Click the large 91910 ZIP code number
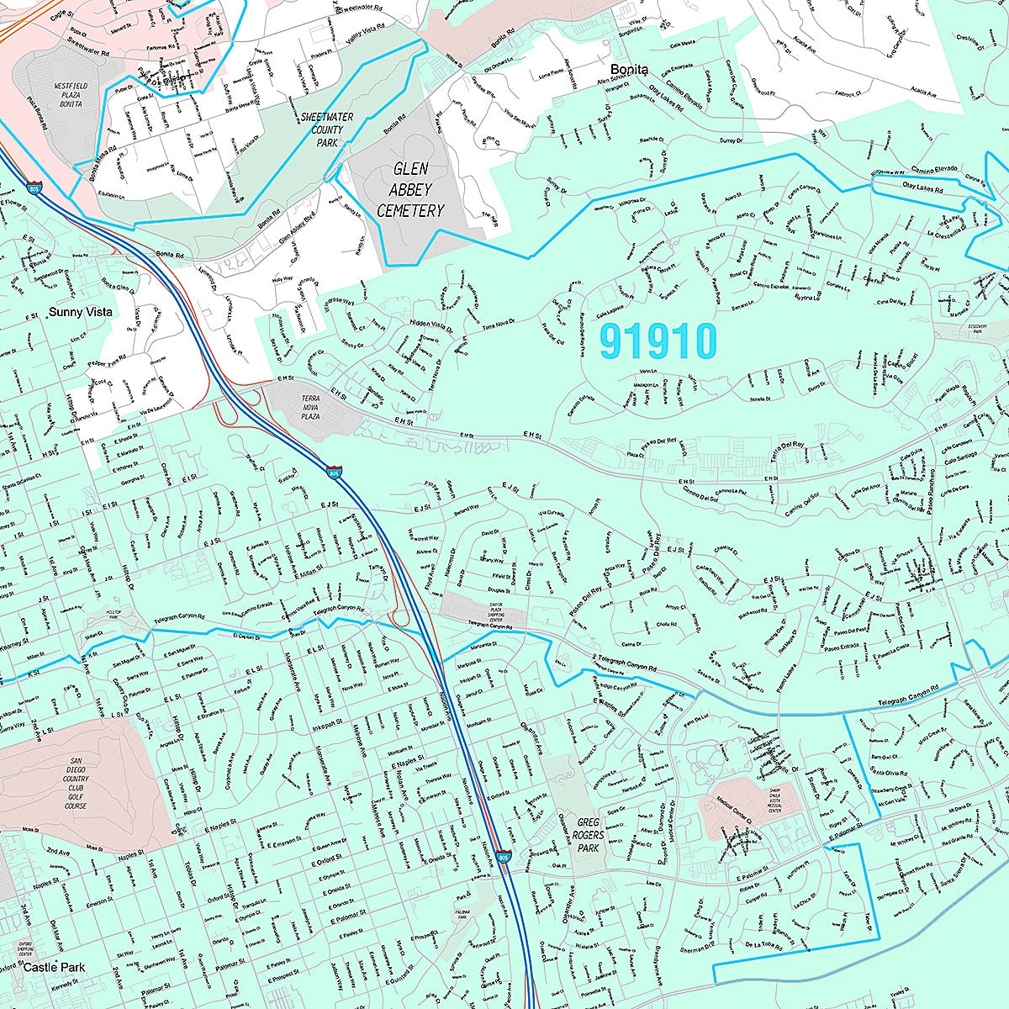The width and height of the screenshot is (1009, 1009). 658,341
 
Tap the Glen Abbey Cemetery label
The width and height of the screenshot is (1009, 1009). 409,190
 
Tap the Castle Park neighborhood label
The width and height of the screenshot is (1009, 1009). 54,968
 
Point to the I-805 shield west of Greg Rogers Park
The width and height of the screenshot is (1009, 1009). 503,857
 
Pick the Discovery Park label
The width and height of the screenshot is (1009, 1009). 976,329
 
